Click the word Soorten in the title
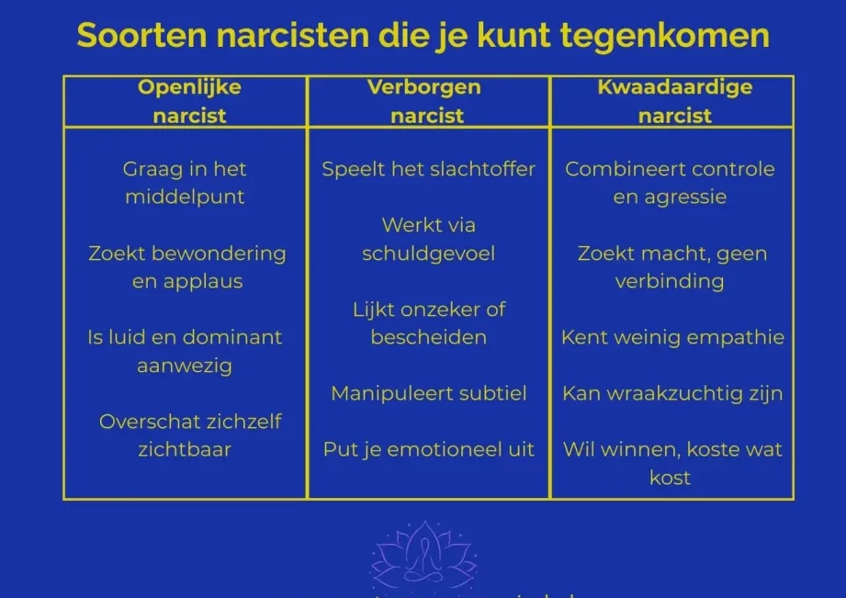(x=141, y=36)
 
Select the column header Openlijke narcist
(x=189, y=101)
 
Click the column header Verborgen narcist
(x=424, y=101)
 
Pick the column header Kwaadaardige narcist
(x=674, y=101)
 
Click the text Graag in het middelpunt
(x=185, y=183)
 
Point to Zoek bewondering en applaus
(x=187, y=267)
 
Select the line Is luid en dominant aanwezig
(x=185, y=351)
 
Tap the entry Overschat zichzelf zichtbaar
(x=190, y=435)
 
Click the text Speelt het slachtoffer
(x=428, y=169)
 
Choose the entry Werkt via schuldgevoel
(x=428, y=239)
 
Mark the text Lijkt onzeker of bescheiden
(x=429, y=323)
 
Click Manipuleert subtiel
(x=429, y=393)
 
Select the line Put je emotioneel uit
(x=428, y=449)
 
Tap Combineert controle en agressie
(x=670, y=183)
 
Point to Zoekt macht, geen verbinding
(x=671, y=267)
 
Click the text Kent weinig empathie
(x=672, y=337)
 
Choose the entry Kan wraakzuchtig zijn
(x=672, y=393)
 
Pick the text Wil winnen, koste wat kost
(x=672, y=464)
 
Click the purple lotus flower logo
(x=424, y=556)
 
